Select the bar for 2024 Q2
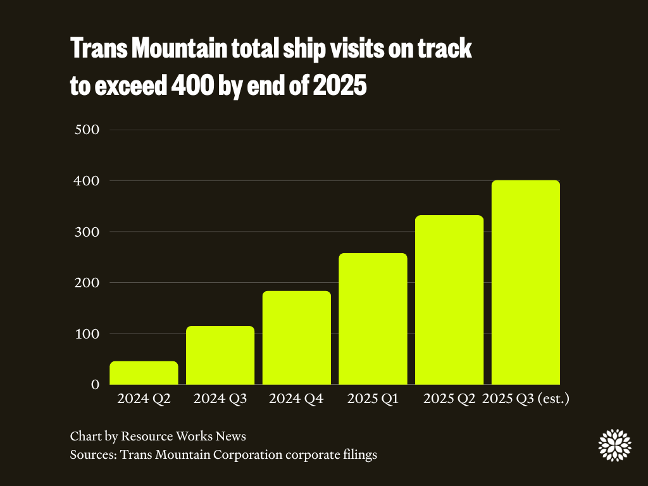pyautogui.click(x=144, y=373)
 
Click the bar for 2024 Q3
pyautogui.click(x=220, y=355)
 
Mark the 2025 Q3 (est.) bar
pyautogui.click(x=525, y=282)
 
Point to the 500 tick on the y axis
pyautogui.click(x=87, y=130)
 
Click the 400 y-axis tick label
pyautogui.click(x=87, y=181)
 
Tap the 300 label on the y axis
pyautogui.click(x=87, y=232)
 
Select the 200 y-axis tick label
pyautogui.click(x=87, y=283)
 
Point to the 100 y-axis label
pyautogui.click(x=87, y=333)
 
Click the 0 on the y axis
pyautogui.click(x=96, y=384)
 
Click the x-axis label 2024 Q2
pyautogui.click(x=144, y=399)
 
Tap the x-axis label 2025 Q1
pyautogui.click(x=373, y=399)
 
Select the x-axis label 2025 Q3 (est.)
pyautogui.click(x=526, y=399)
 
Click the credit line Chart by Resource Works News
pyautogui.click(x=158, y=436)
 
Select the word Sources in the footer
pyautogui.click(x=92, y=454)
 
